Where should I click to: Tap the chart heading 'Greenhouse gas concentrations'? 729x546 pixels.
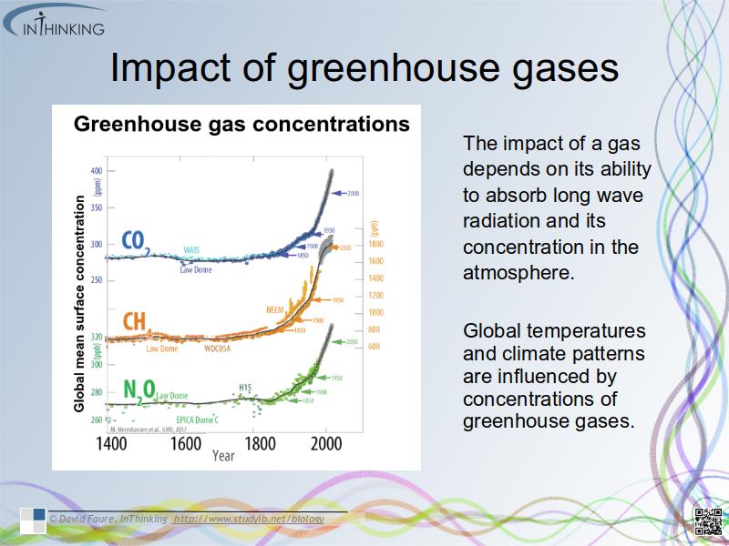tap(241, 123)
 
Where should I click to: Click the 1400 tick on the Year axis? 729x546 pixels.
tap(111, 444)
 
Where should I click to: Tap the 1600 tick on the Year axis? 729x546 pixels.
tap(185, 444)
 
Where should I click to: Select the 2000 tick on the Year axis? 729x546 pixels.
tap(325, 444)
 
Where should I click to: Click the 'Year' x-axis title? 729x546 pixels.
tap(223, 456)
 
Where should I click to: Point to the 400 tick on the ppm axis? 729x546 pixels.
tap(97, 171)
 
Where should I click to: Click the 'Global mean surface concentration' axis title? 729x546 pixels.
tap(79, 305)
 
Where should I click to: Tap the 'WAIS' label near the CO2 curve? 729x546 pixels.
tap(191, 249)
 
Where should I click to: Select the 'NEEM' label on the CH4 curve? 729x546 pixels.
tap(275, 309)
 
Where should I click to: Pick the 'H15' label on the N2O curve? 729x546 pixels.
tap(245, 388)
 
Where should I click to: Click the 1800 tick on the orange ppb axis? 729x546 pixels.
tap(375, 244)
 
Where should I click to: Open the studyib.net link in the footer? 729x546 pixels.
tap(248, 519)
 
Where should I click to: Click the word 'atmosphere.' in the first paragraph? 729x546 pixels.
tap(519, 271)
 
